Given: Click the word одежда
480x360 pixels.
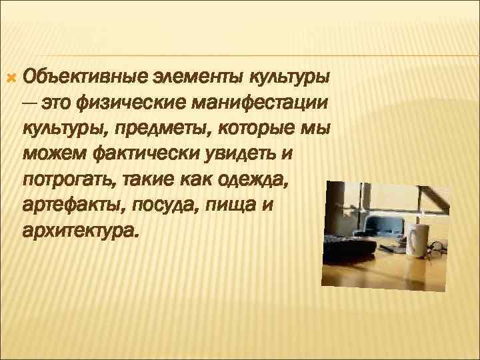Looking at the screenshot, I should (x=266, y=180).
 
